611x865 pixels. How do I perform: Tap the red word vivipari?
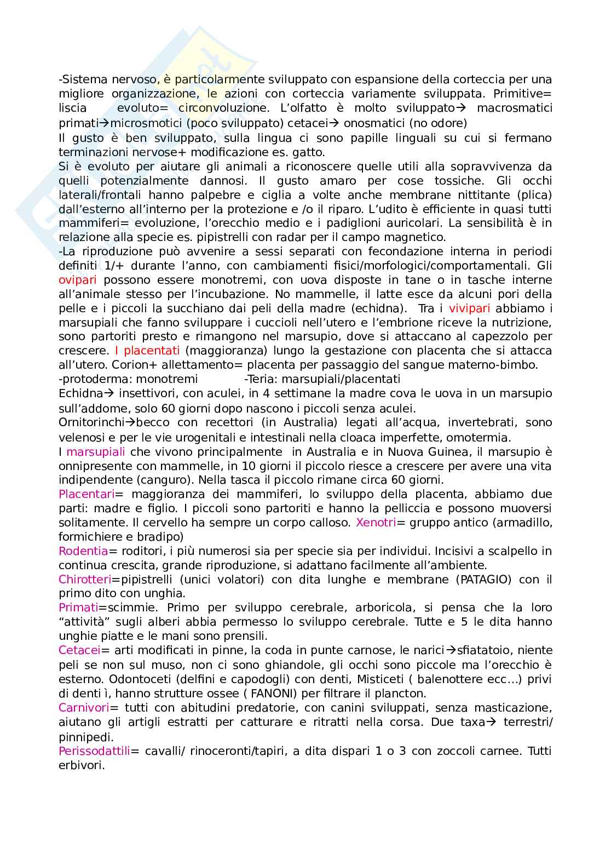click(x=469, y=308)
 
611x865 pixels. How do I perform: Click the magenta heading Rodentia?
click(x=83, y=551)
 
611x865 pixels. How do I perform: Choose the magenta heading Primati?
click(x=79, y=608)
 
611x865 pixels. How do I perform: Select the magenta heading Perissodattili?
click(x=94, y=751)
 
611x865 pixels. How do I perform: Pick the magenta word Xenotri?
click(x=376, y=522)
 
